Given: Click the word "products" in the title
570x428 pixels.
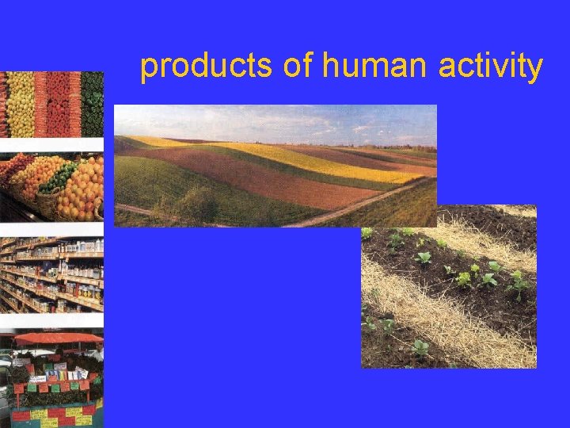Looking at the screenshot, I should [207, 67].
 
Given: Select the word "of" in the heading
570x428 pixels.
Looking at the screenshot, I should [298, 67].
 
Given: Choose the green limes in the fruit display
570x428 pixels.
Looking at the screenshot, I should [57, 178].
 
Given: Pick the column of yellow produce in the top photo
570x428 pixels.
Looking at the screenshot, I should [20, 103].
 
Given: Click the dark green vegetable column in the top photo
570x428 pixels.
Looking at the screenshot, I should [93, 103].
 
